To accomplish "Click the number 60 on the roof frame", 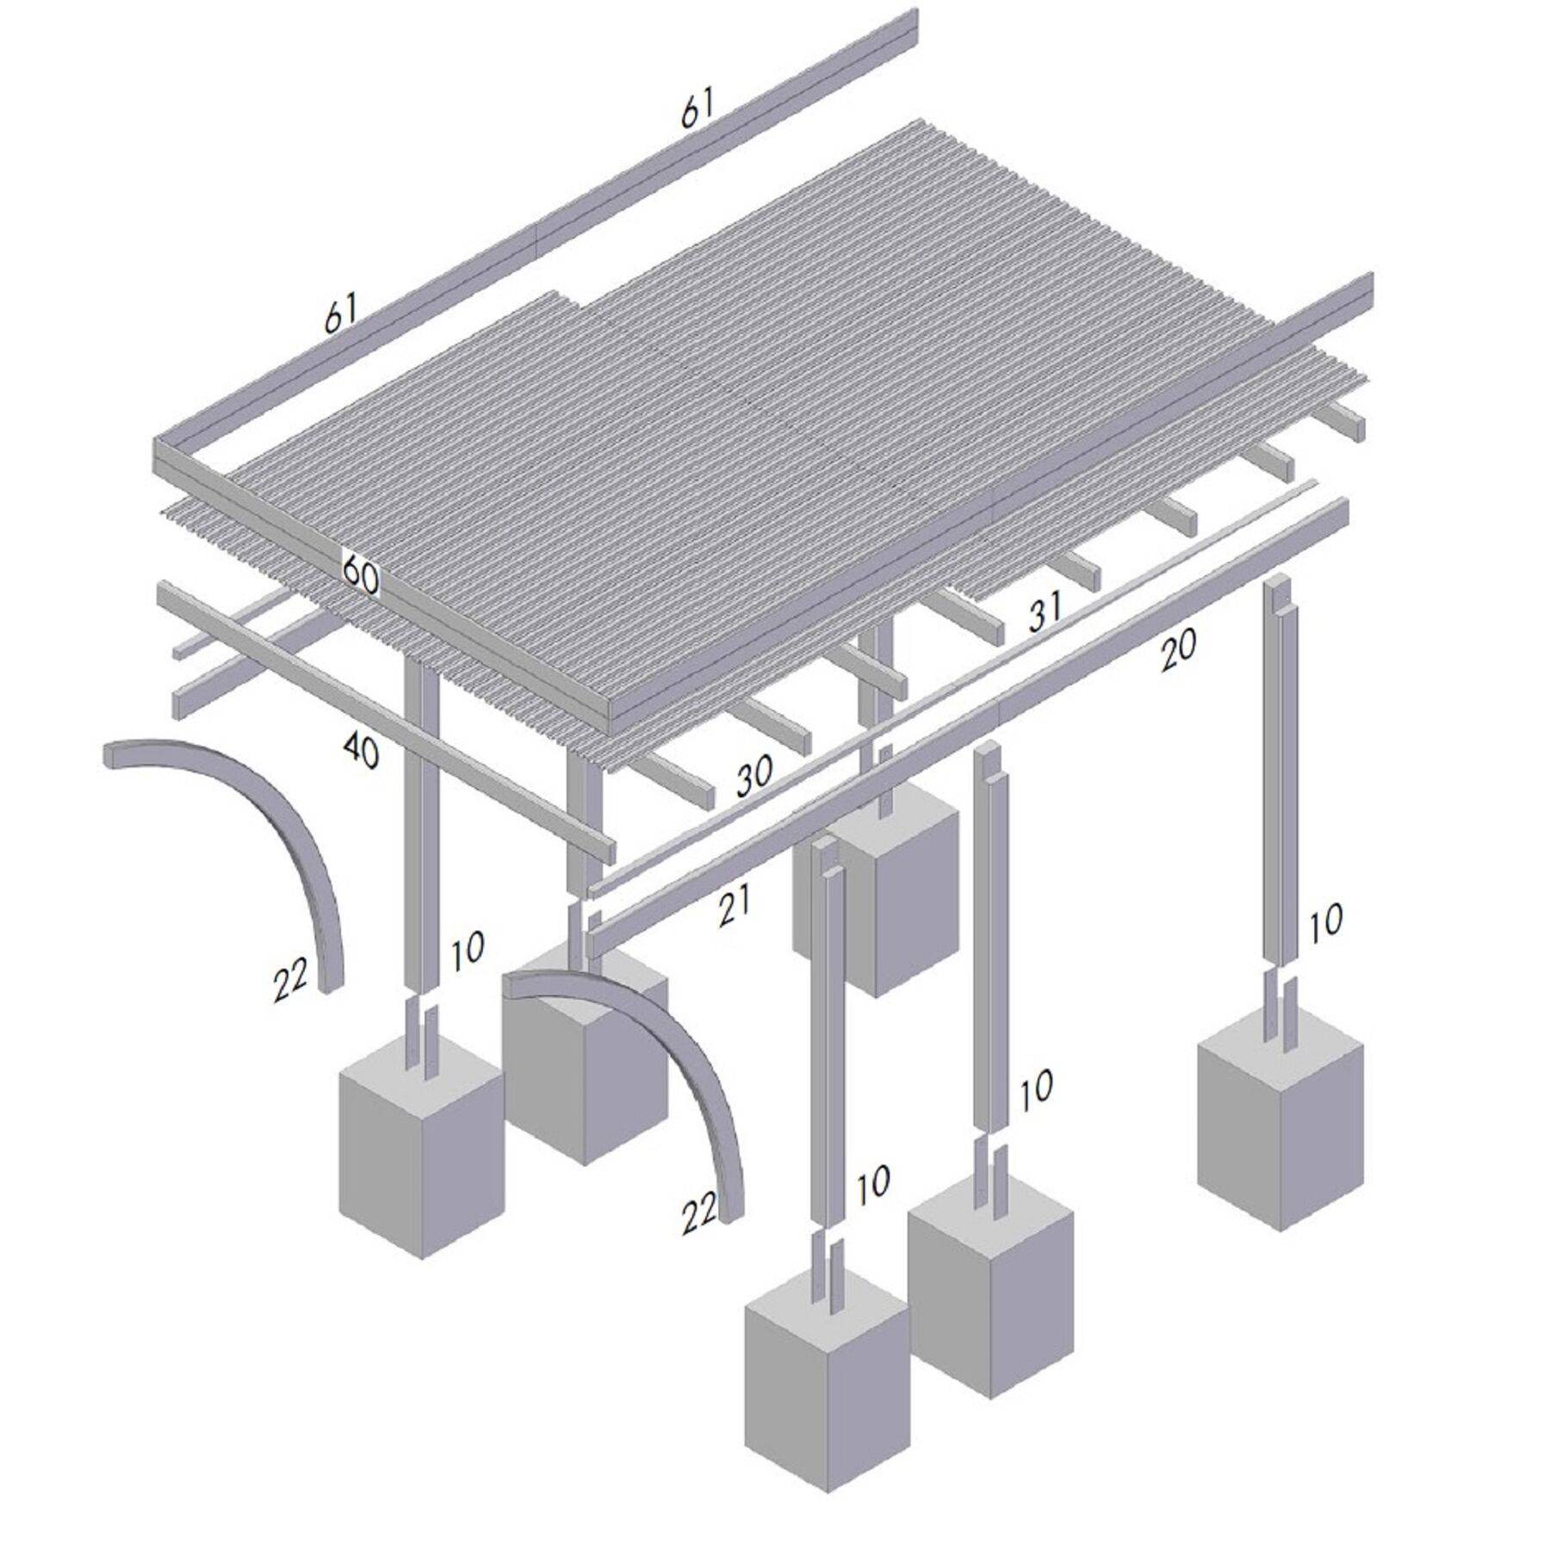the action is (x=361, y=575).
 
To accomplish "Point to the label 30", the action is (x=754, y=778).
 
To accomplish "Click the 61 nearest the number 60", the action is (x=340, y=314).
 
